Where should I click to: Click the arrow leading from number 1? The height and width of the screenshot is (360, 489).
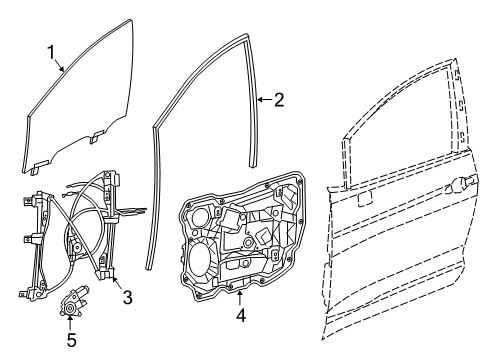point(62,64)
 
